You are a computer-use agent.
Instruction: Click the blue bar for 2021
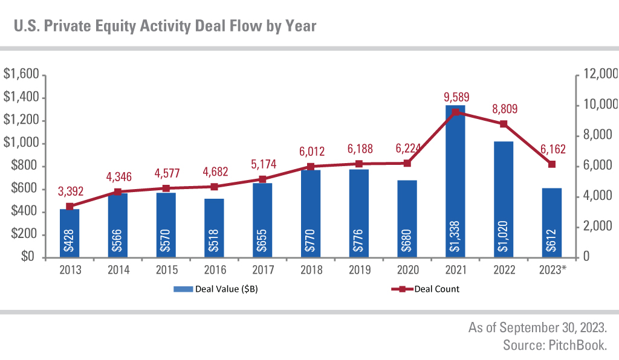455,181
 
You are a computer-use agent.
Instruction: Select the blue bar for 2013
70,233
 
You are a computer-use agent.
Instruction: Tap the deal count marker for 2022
504,124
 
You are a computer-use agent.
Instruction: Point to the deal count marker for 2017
262,179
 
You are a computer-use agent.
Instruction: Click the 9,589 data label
456,97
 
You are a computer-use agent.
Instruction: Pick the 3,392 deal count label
70,191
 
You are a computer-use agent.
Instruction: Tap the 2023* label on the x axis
552,269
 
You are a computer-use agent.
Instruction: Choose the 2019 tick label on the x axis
359,269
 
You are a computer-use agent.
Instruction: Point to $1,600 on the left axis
21,74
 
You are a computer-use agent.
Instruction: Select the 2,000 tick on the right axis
596,227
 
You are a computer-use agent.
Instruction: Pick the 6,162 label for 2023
552,147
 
